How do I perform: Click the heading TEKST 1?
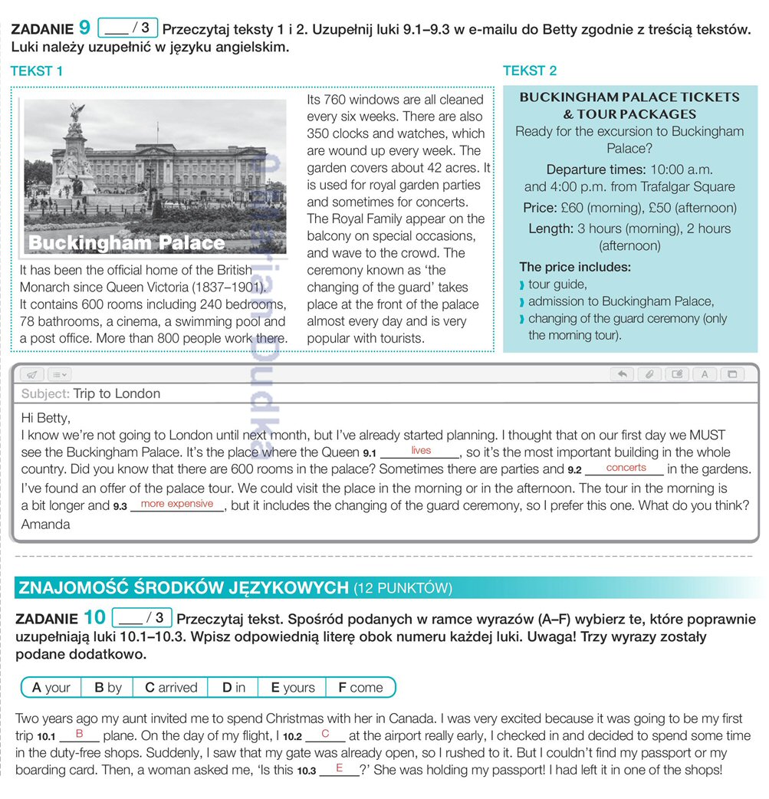click(37, 71)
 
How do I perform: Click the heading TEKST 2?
click(530, 71)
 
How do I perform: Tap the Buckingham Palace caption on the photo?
click(127, 244)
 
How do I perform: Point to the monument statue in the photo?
click(76, 153)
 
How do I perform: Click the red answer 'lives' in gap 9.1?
click(421, 450)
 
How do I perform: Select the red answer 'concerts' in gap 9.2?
click(626, 468)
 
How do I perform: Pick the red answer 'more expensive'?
click(177, 504)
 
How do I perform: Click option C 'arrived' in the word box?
click(171, 688)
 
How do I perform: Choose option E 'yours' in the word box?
click(292, 688)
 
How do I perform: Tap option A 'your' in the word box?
click(51, 688)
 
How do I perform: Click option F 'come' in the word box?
click(360, 688)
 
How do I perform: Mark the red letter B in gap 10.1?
click(79, 734)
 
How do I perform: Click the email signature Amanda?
click(45, 524)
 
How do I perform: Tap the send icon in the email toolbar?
click(31, 375)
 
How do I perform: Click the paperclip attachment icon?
click(649, 375)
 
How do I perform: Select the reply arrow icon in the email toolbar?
click(622, 375)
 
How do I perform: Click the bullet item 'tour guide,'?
click(557, 284)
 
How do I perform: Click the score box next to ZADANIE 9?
click(127, 29)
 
